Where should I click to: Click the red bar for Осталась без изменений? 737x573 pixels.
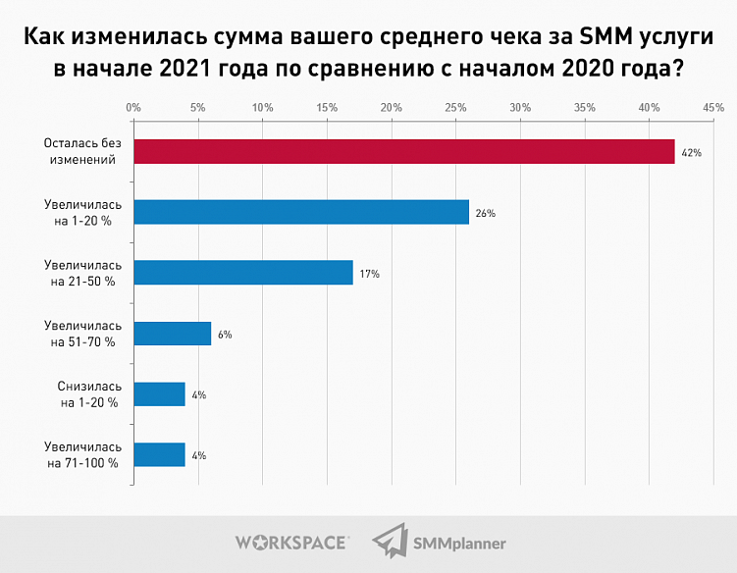(x=403, y=151)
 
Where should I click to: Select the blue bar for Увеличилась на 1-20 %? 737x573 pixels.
(x=300, y=212)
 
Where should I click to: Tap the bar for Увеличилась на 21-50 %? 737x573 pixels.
(x=242, y=273)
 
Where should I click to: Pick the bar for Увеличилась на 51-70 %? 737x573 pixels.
(x=172, y=334)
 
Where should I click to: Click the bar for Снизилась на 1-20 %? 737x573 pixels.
(x=159, y=394)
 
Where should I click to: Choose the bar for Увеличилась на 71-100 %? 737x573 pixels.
(x=159, y=455)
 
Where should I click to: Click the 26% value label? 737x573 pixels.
(x=486, y=213)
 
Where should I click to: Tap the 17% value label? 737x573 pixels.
(x=370, y=274)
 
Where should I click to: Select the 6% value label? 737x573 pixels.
(x=225, y=335)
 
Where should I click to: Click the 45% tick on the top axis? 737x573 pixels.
(x=712, y=106)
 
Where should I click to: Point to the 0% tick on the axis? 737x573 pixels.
(x=133, y=106)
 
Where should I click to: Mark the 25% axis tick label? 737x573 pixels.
(x=455, y=106)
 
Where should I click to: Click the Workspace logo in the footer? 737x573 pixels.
(x=291, y=542)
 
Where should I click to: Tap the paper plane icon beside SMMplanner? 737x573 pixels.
(x=392, y=541)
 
